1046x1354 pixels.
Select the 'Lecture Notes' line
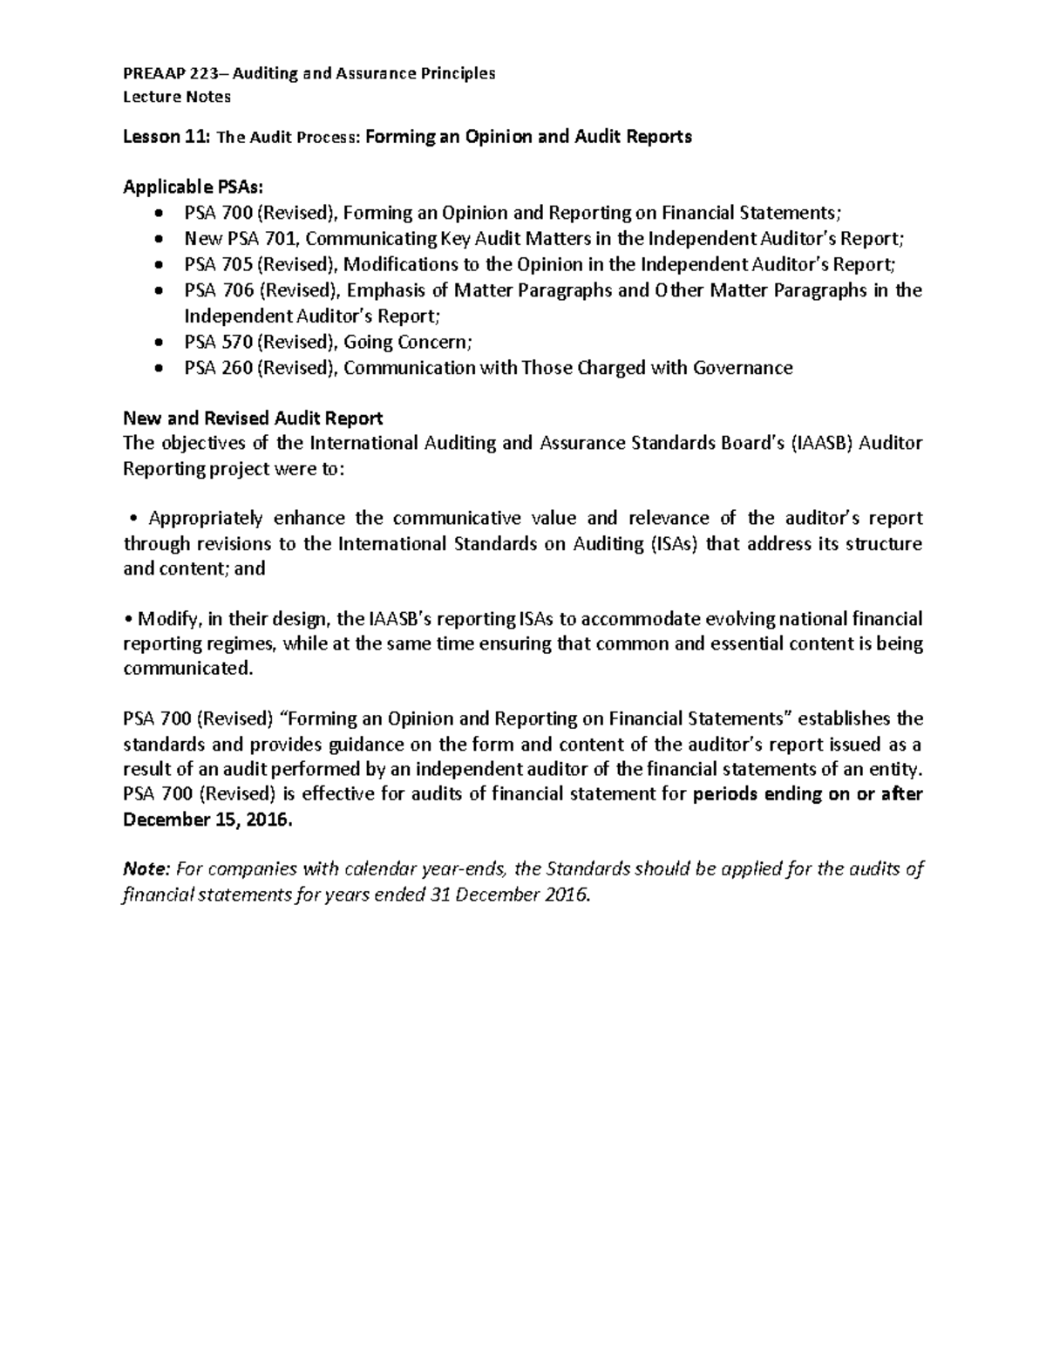177,97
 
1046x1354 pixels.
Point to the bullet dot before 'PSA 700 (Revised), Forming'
157,214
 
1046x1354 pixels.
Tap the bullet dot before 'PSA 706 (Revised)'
157,291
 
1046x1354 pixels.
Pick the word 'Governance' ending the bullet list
743,368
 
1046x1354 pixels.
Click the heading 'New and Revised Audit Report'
253,418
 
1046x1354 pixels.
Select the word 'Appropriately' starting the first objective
206,519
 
